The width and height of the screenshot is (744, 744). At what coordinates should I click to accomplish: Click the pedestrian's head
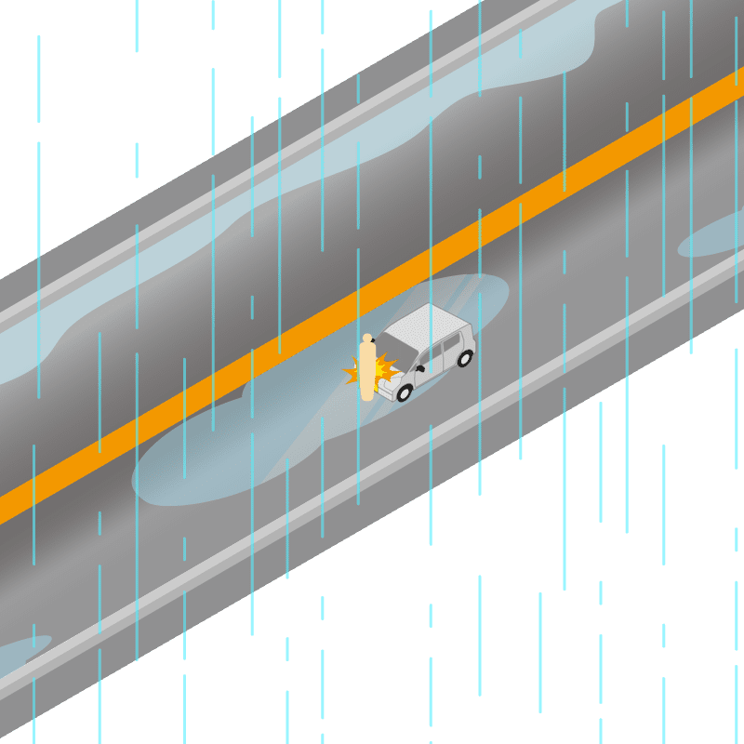pyautogui.click(x=367, y=339)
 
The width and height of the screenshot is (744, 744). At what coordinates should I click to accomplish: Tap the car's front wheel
pyautogui.click(x=405, y=392)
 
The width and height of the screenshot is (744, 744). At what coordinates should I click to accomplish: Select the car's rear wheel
pyautogui.click(x=465, y=357)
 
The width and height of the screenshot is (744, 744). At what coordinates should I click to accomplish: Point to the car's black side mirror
pyautogui.click(x=420, y=368)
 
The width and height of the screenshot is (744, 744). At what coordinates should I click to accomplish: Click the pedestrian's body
pyautogui.click(x=367, y=372)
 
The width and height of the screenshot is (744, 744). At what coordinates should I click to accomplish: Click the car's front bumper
pyautogui.click(x=387, y=388)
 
